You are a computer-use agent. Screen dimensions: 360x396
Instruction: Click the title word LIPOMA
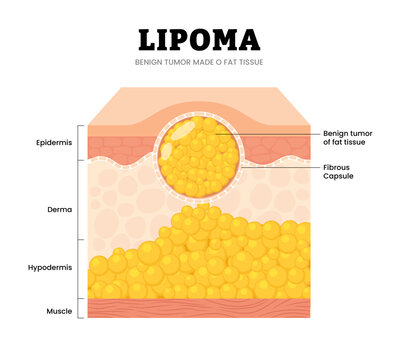click(198, 40)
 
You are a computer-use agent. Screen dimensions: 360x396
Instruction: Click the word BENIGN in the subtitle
click(153, 63)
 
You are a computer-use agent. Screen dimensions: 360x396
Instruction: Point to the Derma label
click(57, 210)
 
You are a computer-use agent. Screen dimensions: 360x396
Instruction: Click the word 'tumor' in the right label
click(361, 133)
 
